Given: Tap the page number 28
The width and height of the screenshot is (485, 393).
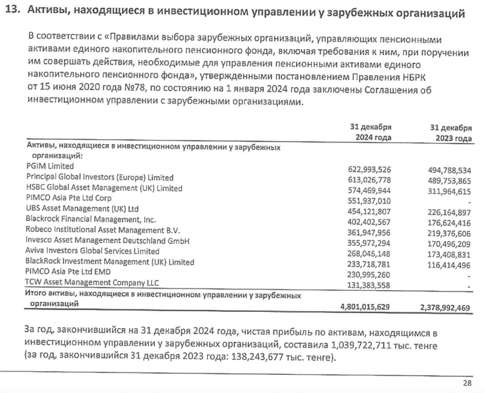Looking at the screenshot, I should click(467, 383).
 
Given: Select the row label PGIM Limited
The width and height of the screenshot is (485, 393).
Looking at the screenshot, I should click(49, 166).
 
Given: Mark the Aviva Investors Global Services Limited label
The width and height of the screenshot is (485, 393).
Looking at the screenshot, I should click(92, 251).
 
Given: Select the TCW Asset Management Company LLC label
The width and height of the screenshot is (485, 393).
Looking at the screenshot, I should click(92, 283).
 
